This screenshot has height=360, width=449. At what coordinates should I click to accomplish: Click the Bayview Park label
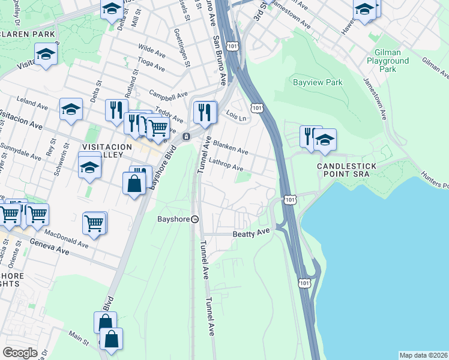pos(317,82)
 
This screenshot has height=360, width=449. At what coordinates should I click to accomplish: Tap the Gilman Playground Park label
pos(388,61)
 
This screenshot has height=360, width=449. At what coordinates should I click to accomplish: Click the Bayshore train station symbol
pos(194,219)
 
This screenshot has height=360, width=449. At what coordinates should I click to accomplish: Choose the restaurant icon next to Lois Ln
pos(205,112)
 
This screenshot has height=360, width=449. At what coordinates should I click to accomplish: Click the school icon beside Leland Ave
pos(71,110)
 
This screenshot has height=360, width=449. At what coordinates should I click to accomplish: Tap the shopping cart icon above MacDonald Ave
pos(94,223)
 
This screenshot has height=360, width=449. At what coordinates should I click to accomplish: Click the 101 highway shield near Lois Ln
pos(257,107)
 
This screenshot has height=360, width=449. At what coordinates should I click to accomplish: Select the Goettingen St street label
pos(178,47)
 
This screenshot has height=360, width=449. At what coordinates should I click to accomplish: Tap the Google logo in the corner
pos(20,353)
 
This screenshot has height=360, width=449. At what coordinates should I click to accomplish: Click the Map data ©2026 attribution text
pos(423,355)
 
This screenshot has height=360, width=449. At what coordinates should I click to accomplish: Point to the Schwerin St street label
pos(58,164)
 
